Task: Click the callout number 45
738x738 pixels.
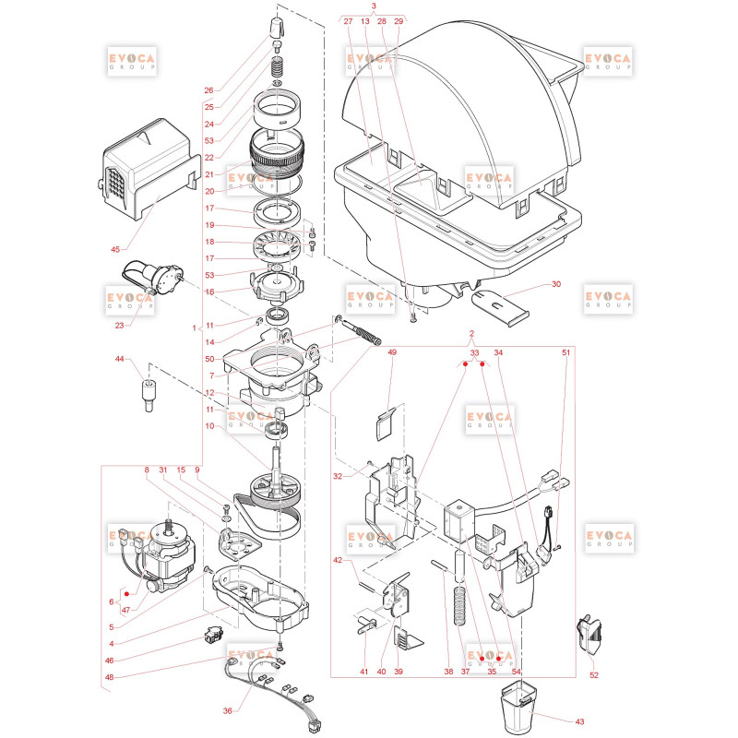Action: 115,249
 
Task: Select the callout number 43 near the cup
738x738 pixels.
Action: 578,720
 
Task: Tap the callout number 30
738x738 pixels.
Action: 555,284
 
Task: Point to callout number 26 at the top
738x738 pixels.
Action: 208,90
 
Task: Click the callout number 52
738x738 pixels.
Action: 594,675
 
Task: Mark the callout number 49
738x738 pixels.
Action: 391,352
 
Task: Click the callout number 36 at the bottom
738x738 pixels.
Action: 227,710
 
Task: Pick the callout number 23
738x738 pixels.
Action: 119,324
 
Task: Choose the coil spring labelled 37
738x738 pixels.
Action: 458,613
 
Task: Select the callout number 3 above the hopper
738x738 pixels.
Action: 374,6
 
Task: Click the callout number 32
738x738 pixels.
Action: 338,476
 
